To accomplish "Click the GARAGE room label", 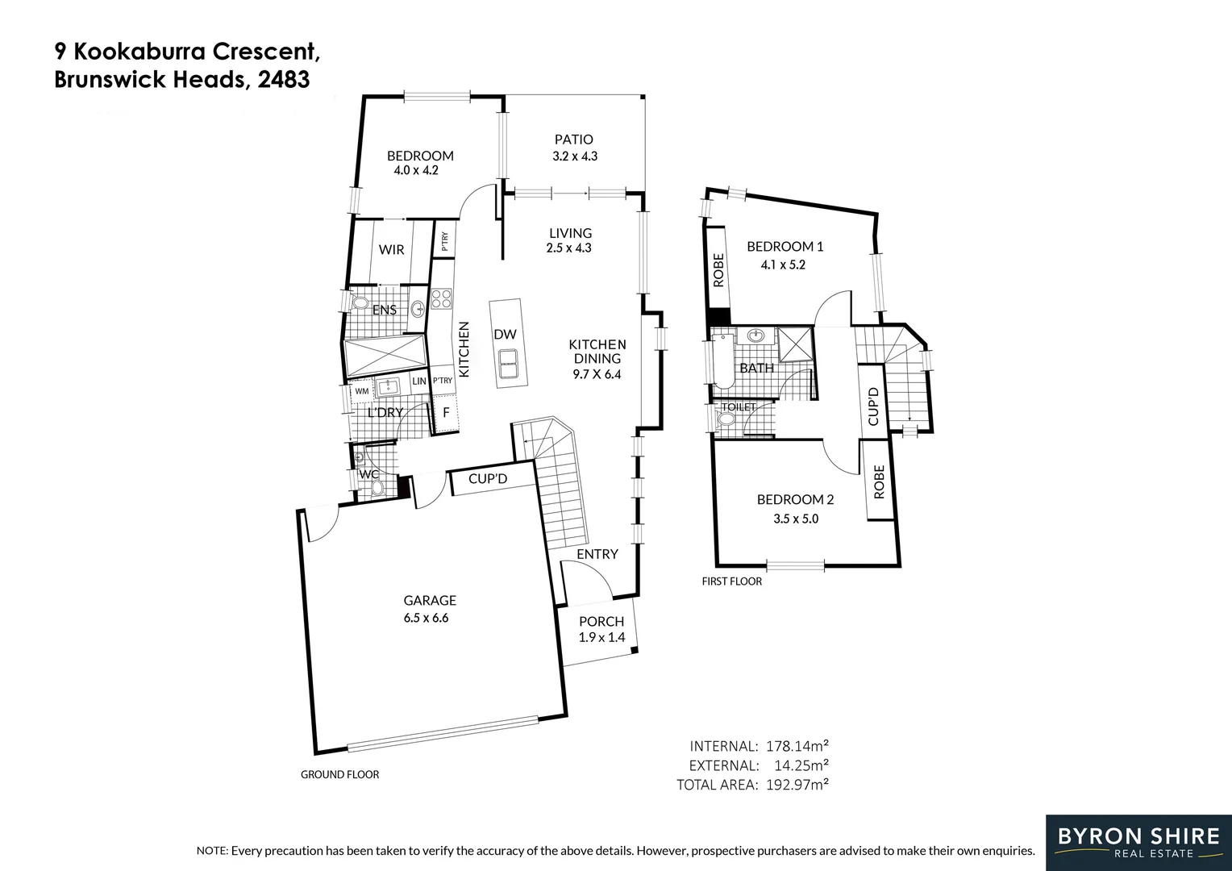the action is (430, 600).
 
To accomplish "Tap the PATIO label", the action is (573, 140).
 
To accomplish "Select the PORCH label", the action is (601, 622).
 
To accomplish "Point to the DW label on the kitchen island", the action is (505, 334).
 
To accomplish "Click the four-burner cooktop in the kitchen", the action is (441, 298).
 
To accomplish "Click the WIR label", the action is (391, 250).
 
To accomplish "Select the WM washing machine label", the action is (361, 391).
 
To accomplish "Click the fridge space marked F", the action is (446, 412).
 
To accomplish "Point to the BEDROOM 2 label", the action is (795, 499).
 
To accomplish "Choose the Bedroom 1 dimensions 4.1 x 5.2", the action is (783, 265).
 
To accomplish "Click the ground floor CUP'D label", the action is (487, 479).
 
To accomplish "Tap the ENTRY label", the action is (597, 554).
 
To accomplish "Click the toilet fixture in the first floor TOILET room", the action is (726, 419).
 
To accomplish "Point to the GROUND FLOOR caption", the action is (340, 775).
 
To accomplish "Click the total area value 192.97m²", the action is (797, 785).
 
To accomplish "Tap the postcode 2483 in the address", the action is (284, 80).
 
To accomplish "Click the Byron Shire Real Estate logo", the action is (1138, 843).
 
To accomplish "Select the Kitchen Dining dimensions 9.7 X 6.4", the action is (597, 375).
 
